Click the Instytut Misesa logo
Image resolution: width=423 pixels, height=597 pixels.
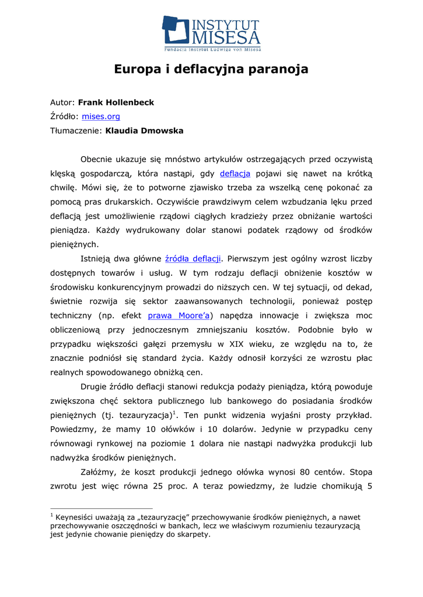pyautogui.click(x=211, y=33)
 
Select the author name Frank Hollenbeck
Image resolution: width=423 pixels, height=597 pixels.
pyautogui.click(x=116, y=103)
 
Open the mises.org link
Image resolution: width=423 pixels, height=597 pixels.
pyautogui.click(x=101, y=117)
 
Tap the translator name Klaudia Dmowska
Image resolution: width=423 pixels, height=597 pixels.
pyautogui.click(x=144, y=131)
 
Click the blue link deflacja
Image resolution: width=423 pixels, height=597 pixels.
pyautogui.click(x=235, y=173)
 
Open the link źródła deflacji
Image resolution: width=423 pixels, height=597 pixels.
pyautogui.click(x=193, y=258)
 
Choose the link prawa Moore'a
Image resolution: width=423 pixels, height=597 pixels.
pyautogui.click(x=179, y=315)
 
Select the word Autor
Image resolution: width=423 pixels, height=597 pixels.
pyautogui.click(x=62, y=103)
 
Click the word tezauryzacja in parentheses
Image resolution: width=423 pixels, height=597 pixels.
pyautogui.click(x=145, y=415)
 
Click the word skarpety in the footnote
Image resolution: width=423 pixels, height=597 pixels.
pyautogui.click(x=193, y=534)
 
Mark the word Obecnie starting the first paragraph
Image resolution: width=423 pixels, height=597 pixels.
pyautogui.click(x=99, y=159)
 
